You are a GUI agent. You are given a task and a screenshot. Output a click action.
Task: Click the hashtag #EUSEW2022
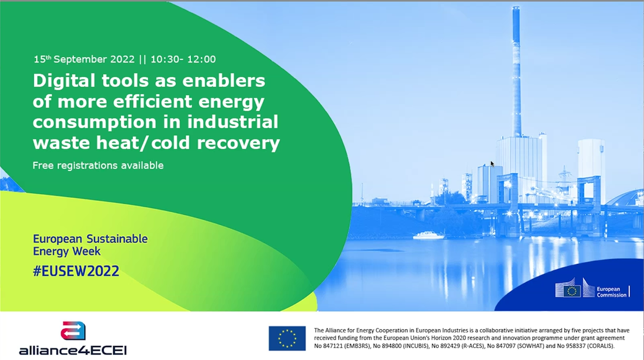[x=76, y=271]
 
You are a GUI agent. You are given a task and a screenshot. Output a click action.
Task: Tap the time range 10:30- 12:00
[x=183, y=59]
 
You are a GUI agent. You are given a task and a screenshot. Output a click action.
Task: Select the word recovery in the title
[x=238, y=144]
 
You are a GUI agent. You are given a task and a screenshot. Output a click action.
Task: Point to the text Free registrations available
[x=98, y=166]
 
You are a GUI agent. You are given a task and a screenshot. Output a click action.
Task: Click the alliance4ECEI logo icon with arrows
[x=73, y=331]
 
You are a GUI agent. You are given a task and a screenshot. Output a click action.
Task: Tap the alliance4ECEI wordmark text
[x=73, y=350]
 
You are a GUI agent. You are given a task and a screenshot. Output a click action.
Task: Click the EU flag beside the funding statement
[x=287, y=338]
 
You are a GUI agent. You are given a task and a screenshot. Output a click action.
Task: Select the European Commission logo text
[x=611, y=292]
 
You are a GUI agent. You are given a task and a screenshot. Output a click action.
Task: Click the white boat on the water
[x=429, y=235]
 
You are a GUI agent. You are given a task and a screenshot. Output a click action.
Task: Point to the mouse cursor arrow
[x=492, y=164]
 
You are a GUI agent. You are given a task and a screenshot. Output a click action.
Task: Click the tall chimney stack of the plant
[x=516, y=72]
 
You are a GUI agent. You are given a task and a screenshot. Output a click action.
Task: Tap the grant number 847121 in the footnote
[x=333, y=345]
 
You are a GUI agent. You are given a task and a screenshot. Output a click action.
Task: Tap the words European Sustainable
[x=90, y=239]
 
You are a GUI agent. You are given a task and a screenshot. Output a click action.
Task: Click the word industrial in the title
[x=233, y=122]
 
